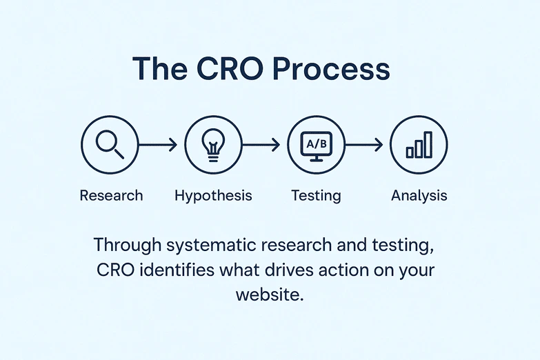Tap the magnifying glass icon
[x=110, y=144]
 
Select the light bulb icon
[x=212, y=145]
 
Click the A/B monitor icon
[x=316, y=145]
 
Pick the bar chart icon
[x=419, y=145]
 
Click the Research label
[x=111, y=195]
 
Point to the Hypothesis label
[x=213, y=195]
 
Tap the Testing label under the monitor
[x=316, y=195]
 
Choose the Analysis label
[x=419, y=195]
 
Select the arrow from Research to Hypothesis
[x=158, y=145]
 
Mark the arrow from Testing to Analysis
[x=363, y=145]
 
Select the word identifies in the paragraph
[x=170, y=270]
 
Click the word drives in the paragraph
[x=270, y=270]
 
